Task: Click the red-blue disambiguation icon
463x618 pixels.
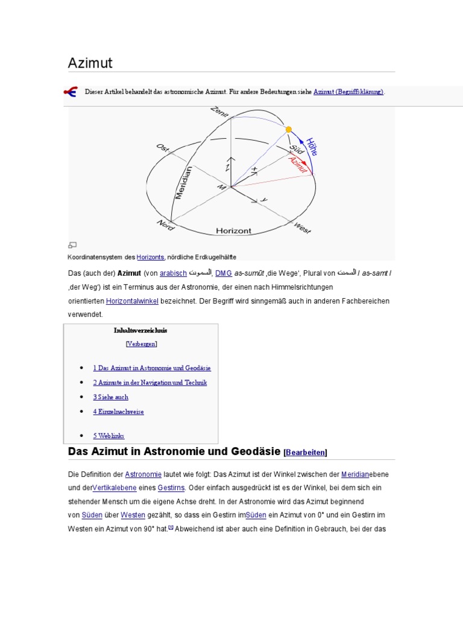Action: pos(71,92)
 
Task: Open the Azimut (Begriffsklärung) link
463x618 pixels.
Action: pos(348,92)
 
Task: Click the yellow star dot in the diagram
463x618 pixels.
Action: pos(289,129)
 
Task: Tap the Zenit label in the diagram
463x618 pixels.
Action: pos(220,113)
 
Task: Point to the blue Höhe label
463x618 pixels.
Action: pos(312,147)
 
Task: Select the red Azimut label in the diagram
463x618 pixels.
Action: pos(298,163)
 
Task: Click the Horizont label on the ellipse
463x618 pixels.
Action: pos(233,231)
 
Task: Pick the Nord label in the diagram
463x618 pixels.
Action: pos(165,225)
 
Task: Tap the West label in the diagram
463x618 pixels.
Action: pos(302,228)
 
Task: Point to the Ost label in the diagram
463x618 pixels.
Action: pos(163,149)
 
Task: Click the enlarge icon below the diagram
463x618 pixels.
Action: pos(72,244)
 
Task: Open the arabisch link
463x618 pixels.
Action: pos(173,273)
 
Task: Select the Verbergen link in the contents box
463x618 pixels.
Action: pos(141,344)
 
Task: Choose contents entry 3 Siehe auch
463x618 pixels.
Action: pos(110,397)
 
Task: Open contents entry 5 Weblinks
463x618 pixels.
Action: pos(109,436)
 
